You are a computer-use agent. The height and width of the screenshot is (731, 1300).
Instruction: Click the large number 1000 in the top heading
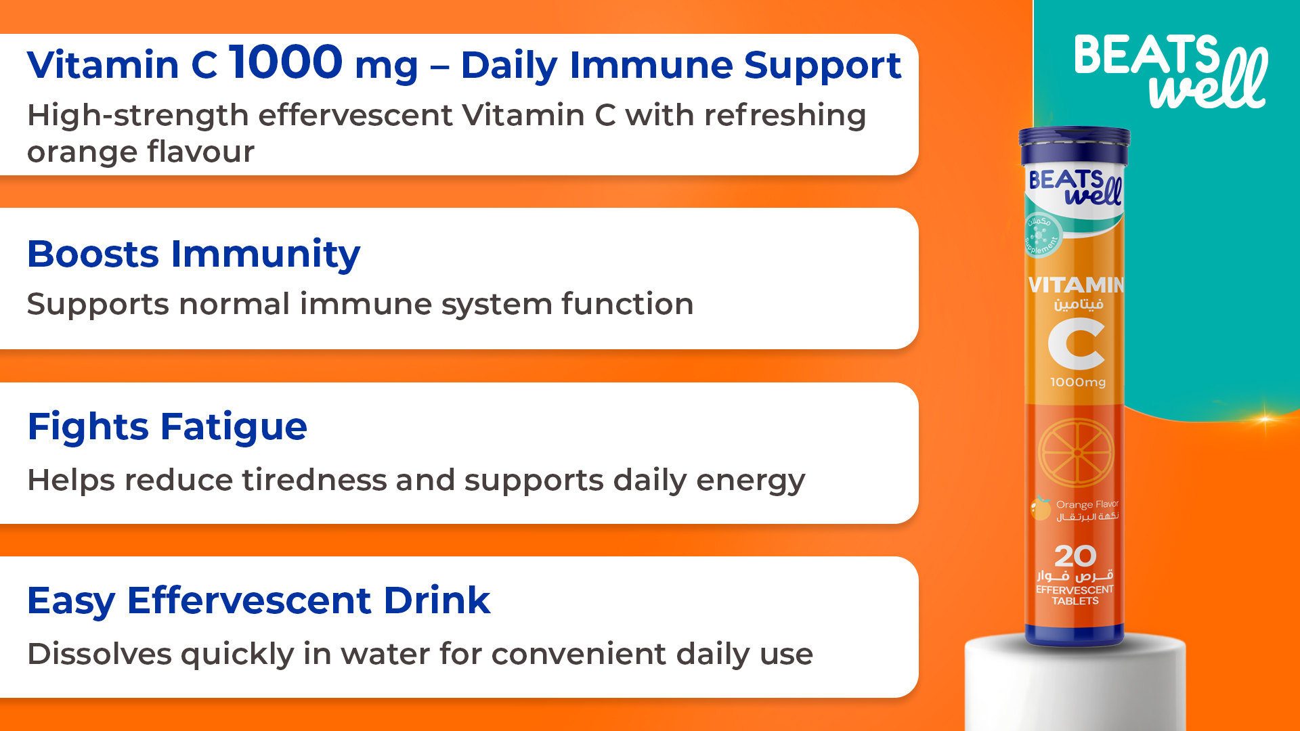click(x=286, y=62)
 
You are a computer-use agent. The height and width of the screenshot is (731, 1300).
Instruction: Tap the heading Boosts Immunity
click(x=194, y=255)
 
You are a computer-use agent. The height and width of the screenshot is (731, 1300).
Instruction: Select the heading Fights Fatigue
click(x=167, y=428)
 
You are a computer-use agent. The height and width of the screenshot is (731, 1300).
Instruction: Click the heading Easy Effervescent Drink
click(x=259, y=601)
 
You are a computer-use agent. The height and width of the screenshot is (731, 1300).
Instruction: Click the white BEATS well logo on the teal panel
click(x=1171, y=71)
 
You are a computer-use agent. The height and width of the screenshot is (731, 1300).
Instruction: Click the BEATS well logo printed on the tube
click(x=1075, y=187)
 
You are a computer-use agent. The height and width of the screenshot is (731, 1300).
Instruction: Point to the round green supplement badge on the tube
click(x=1041, y=235)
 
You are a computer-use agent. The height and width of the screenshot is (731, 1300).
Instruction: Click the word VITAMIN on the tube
click(x=1076, y=285)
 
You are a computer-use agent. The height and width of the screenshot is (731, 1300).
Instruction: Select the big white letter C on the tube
click(x=1077, y=345)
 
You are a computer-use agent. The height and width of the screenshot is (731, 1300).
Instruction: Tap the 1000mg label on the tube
click(x=1078, y=382)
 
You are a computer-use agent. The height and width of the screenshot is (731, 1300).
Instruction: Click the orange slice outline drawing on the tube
click(x=1076, y=453)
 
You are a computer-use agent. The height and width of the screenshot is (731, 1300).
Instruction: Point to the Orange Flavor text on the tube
click(x=1087, y=504)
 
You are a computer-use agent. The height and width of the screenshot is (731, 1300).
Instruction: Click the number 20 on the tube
click(x=1075, y=556)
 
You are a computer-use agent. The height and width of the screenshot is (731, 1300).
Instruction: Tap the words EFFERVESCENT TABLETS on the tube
click(x=1075, y=596)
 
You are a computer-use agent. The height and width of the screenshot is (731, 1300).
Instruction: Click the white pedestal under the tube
click(x=1075, y=684)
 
